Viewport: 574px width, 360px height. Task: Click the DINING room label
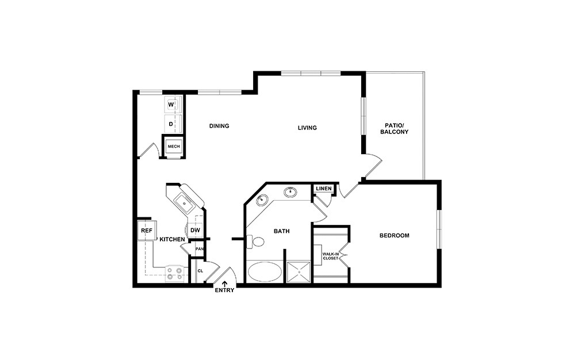[219, 127]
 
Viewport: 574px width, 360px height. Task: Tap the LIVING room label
[307, 128]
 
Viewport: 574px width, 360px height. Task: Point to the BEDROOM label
[394, 236]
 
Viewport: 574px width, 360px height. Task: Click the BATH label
[281, 231]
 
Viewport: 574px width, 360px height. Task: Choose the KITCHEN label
[172, 239]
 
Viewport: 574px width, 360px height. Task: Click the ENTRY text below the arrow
[224, 291]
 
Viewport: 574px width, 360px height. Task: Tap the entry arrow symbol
[224, 283]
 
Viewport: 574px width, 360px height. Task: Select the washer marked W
[172, 105]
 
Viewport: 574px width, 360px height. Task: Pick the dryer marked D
[172, 123]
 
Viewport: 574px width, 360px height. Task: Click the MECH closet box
[173, 147]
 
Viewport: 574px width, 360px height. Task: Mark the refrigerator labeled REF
[146, 231]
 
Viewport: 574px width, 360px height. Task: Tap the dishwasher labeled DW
[195, 231]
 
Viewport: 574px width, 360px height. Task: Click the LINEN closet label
[323, 189]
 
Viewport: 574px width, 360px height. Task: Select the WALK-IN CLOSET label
[330, 256]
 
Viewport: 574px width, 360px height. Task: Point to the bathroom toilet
[255, 242]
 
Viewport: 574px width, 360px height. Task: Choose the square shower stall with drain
[299, 273]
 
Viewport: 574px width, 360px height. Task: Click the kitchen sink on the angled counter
[185, 202]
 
